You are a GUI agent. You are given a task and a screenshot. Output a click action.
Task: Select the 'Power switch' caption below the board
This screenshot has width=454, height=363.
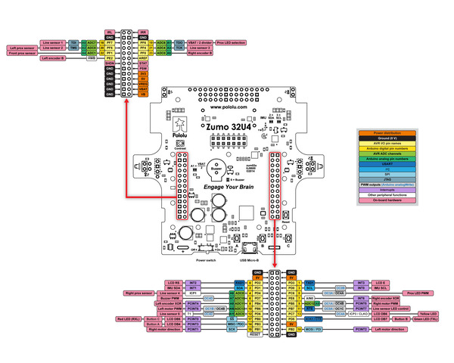tap(206, 259)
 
